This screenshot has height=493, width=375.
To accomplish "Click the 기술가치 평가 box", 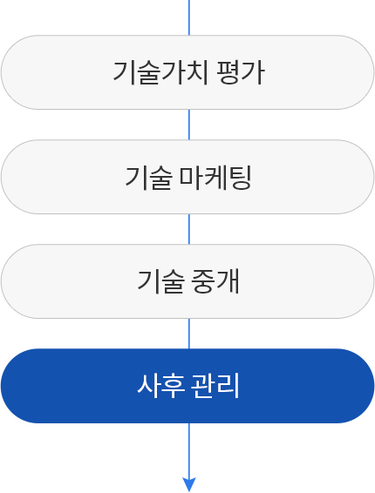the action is [187, 72].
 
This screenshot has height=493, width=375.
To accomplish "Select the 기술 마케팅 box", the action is [187, 177].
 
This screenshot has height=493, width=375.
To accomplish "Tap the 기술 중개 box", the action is [187, 281].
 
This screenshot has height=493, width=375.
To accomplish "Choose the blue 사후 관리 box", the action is [187, 386].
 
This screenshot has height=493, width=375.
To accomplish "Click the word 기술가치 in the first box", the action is [160, 72].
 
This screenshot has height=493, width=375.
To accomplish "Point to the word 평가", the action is [241, 72].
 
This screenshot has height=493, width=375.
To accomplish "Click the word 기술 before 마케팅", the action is [148, 178].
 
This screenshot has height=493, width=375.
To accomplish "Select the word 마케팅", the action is [215, 178].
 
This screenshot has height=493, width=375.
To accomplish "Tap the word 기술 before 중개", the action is [160, 281].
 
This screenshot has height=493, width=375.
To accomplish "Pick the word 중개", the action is [215, 281].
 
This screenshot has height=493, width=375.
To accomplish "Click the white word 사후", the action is [160, 386].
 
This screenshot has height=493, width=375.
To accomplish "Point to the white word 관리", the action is [215, 386].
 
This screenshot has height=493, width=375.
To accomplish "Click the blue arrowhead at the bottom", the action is [189, 484].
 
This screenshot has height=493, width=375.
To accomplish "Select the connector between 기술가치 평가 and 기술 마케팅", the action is [189, 125].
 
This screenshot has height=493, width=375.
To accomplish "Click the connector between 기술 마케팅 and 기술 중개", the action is [189, 229].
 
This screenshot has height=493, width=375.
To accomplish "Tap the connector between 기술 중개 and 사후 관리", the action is [189, 334].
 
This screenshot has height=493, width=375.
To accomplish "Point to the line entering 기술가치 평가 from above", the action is [189, 17].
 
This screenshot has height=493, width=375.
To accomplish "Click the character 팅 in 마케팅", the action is [240, 178].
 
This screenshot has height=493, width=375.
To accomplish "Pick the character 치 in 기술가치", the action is [197, 72].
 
